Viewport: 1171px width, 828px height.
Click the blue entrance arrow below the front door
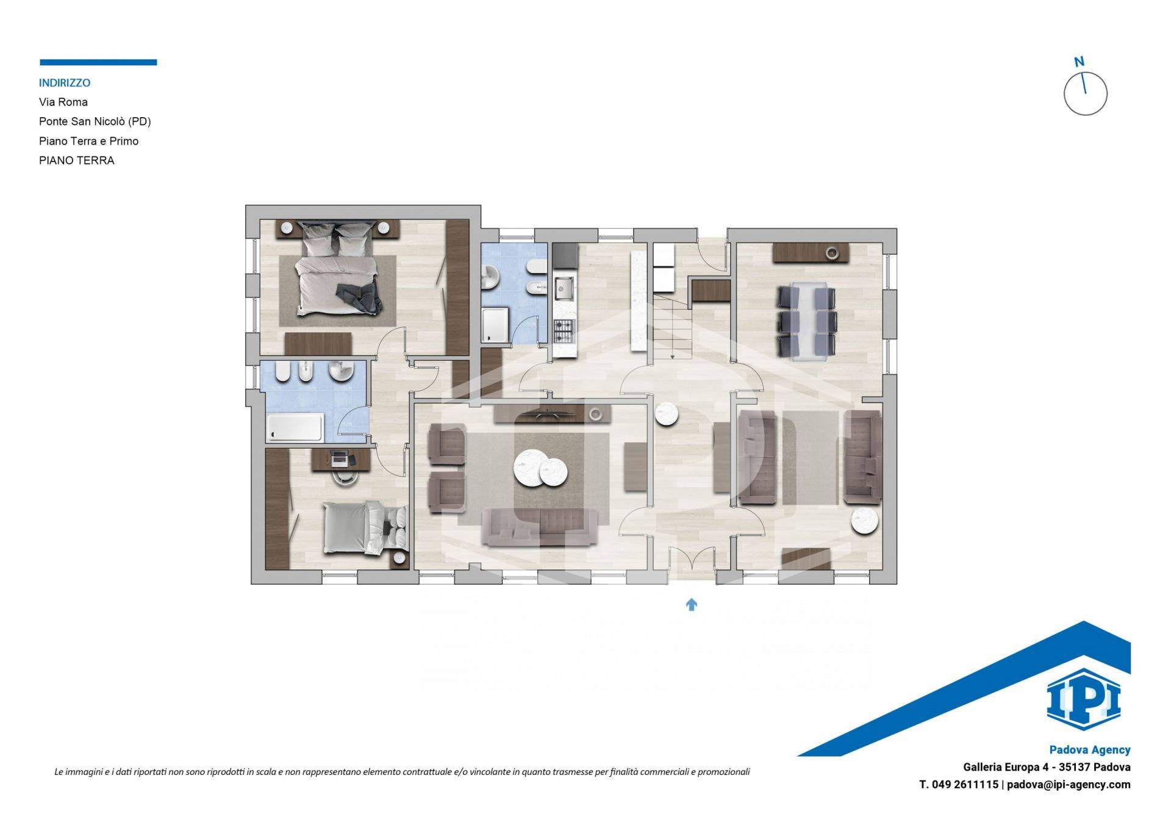pos(691,604)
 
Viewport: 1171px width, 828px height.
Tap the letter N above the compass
pos(1079,62)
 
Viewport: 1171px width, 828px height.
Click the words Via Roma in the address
pos(63,102)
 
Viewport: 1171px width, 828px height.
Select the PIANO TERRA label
pos(77,160)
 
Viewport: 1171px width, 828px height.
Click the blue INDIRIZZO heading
pos(65,83)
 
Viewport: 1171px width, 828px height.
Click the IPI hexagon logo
pos(1083,699)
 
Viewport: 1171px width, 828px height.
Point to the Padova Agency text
pos(1090,750)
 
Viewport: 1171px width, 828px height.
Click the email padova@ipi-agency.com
pos(1069,785)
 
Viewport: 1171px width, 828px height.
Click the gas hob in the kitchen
pos(564,331)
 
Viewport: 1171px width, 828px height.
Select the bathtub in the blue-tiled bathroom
pos(295,427)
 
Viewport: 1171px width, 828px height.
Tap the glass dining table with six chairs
pos(807,321)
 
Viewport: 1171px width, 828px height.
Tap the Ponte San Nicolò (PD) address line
pos(95,121)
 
